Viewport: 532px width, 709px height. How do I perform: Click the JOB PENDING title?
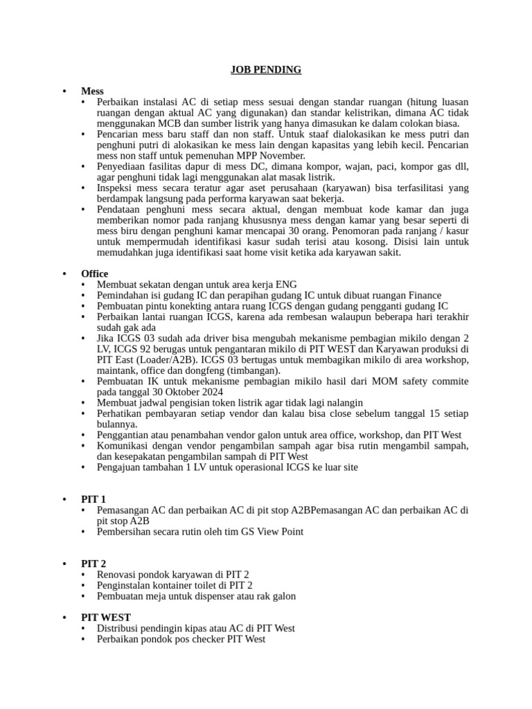[265, 69]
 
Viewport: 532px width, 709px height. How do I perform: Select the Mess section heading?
[92, 91]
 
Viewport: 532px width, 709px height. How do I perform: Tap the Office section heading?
[94, 273]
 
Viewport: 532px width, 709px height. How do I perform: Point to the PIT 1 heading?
[93, 499]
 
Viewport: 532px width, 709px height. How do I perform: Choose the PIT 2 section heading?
[93, 564]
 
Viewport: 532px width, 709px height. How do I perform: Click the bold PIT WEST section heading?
[106, 617]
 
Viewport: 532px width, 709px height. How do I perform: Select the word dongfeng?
[208, 370]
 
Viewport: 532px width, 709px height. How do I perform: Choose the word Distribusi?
[121, 628]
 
